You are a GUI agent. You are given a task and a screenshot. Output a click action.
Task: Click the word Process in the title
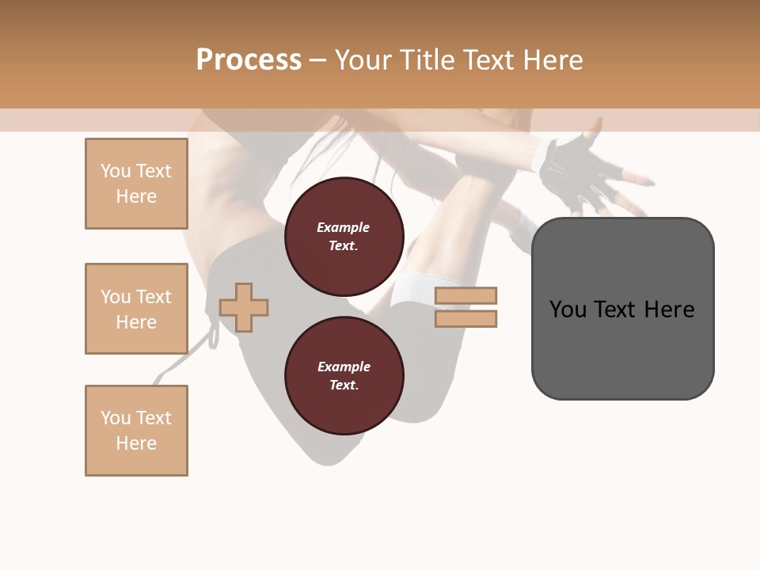coord(249,60)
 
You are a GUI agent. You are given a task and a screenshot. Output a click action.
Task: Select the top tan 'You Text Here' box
coord(136,184)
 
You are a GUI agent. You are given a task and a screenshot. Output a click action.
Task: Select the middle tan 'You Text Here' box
coord(136,309)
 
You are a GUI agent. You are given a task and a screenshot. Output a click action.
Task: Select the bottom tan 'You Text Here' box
coord(136,431)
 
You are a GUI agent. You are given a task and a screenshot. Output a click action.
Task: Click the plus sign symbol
coord(244,307)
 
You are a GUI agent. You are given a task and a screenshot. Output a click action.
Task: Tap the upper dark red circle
coord(344,237)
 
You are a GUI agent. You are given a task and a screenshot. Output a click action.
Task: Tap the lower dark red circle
coord(344,376)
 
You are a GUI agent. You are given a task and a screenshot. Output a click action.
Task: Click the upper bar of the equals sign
coord(465,295)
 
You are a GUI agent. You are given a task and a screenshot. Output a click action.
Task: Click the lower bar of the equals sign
coord(465,318)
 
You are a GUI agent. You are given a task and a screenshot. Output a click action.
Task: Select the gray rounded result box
coord(622,348)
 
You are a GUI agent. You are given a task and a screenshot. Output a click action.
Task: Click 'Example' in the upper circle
coord(344,227)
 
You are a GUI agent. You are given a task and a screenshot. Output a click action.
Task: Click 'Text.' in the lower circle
coord(344,386)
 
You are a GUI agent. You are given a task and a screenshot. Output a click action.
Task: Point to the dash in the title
coord(317,60)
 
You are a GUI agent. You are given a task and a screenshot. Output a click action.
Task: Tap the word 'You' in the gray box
coord(568,309)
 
